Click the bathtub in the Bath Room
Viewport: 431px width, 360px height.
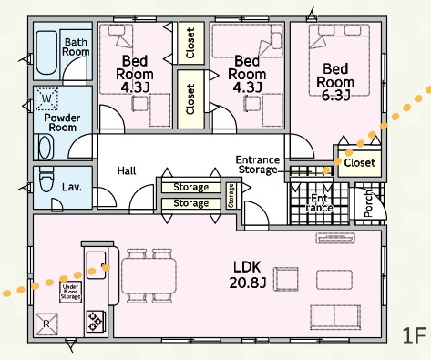(46, 52)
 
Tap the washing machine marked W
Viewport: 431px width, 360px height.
(46, 98)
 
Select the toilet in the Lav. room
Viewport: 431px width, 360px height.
(46, 180)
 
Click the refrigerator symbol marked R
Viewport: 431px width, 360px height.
(46, 324)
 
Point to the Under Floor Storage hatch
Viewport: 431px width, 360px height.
(70, 292)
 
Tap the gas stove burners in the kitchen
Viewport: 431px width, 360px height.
(95, 321)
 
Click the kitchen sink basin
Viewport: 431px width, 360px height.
(97, 264)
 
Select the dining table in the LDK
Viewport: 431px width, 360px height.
(149, 276)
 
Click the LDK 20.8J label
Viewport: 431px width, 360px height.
(248, 274)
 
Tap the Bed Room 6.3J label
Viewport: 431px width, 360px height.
(335, 81)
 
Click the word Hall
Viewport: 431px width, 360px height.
(127, 170)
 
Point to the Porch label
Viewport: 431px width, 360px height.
(368, 203)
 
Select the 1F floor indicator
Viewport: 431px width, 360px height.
(415, 335)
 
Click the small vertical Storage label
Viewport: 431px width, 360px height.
(231, 196)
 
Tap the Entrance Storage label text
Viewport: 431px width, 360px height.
(258, 164)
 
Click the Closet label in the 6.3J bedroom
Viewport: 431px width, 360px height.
(360, 163)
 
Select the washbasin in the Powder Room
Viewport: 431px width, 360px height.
(46, 148)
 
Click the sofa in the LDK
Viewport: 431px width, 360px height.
(335, 317)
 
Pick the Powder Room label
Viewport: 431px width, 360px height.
(62, 122)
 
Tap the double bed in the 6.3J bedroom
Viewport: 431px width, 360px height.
(339, 60)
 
